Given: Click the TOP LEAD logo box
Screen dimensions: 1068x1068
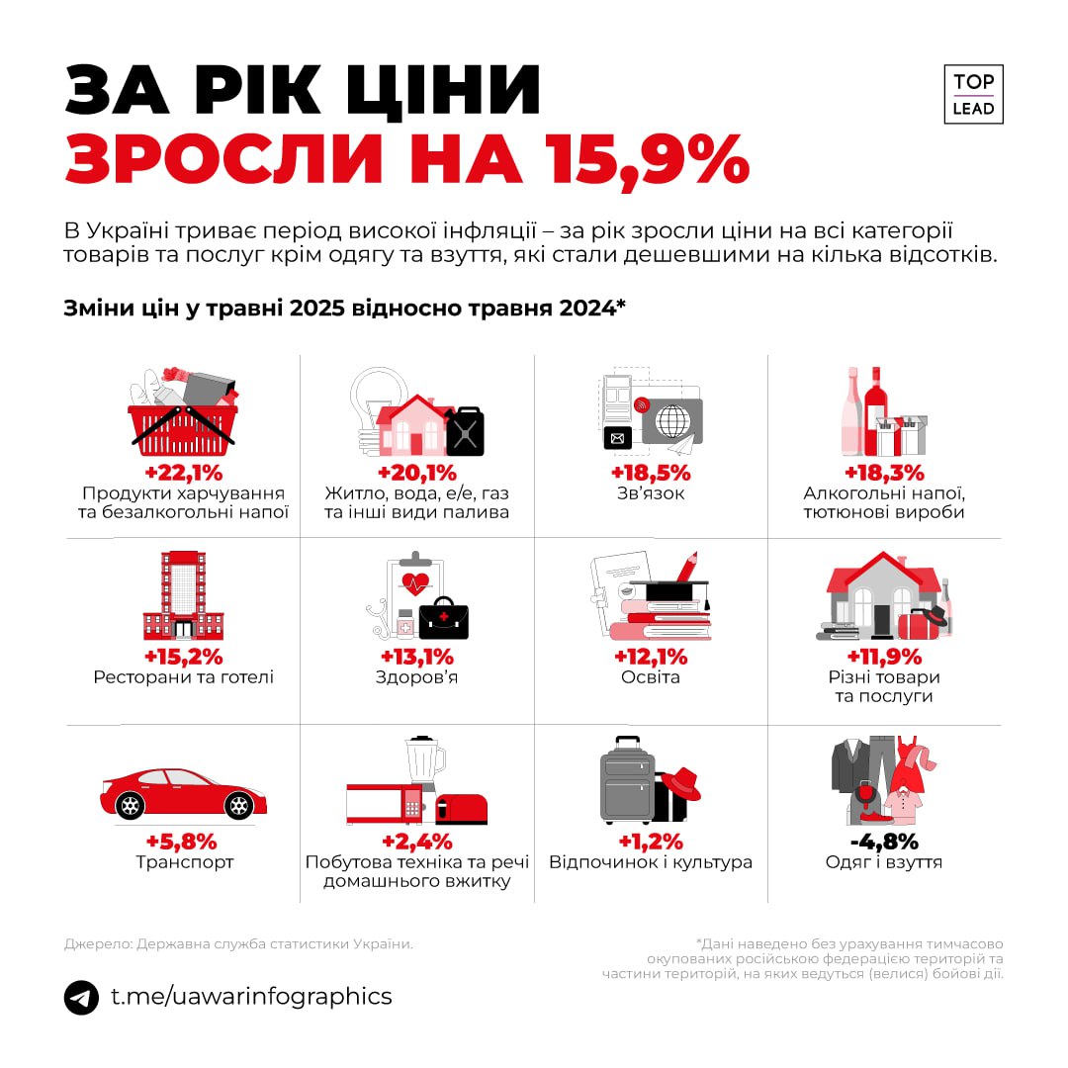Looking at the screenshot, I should point(973,95).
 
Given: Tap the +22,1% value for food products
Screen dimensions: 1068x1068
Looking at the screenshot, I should point(183,472).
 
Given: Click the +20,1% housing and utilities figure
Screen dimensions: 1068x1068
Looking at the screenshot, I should point(416,472).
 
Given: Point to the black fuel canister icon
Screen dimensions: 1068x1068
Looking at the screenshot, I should point(465,431).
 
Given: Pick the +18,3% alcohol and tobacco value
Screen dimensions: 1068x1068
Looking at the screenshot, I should point(884,472).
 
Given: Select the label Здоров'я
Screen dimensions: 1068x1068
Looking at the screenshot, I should point(416,677).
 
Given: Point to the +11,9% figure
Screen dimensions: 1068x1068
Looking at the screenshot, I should point(884,657).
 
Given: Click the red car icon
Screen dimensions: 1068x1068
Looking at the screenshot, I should point(183,791).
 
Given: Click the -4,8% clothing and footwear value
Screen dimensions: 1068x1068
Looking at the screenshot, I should point(884,842).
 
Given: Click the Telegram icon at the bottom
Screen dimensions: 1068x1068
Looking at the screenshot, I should point(81,996).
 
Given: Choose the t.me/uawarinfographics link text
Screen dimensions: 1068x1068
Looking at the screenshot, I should point(251,996).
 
